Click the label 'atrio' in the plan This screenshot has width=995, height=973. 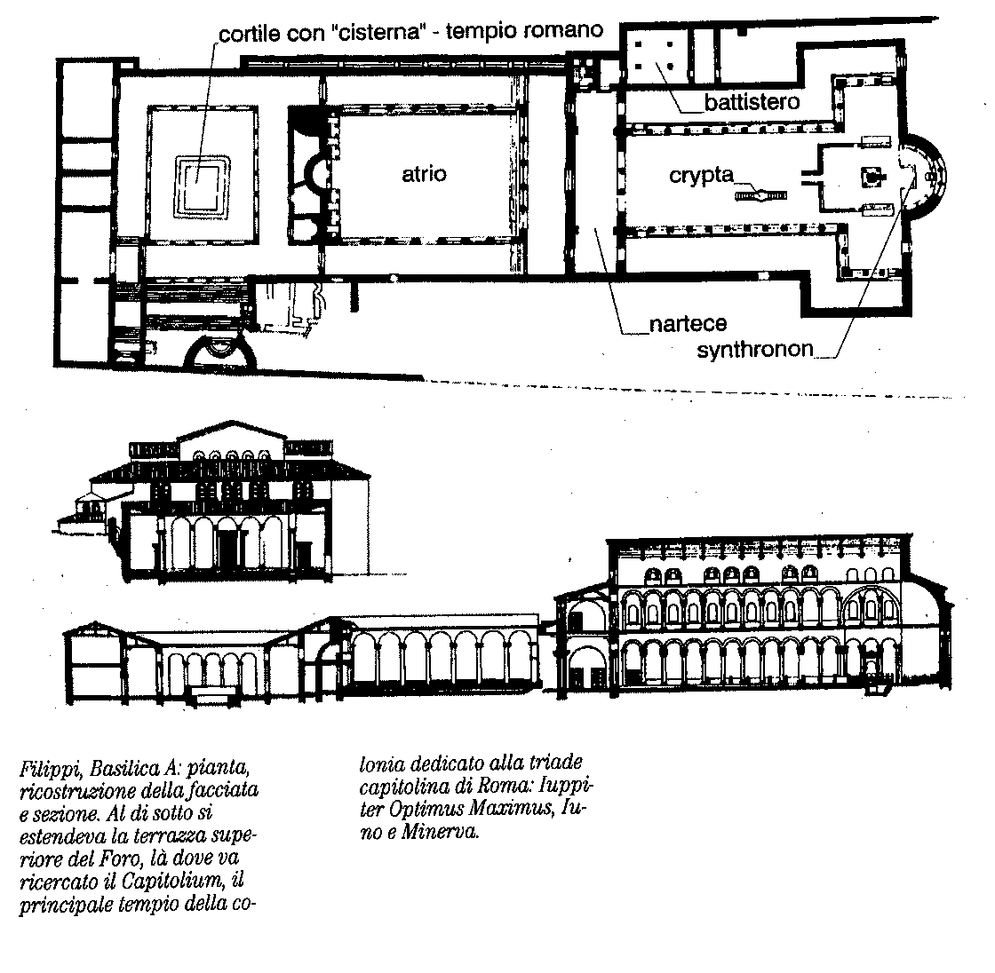click(x=424, y=174)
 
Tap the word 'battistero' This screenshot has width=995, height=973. click(x=752, y=102)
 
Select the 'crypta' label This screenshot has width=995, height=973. click(x=701, y=176)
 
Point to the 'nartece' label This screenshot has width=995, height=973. click(x=688, y=324)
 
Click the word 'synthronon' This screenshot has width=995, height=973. click(x=755, y=350)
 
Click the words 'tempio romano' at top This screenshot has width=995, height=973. click(x=524, y=30)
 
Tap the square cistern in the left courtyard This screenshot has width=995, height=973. click(x=203, y=178)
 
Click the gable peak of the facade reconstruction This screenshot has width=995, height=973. click(x=231, y=421)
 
